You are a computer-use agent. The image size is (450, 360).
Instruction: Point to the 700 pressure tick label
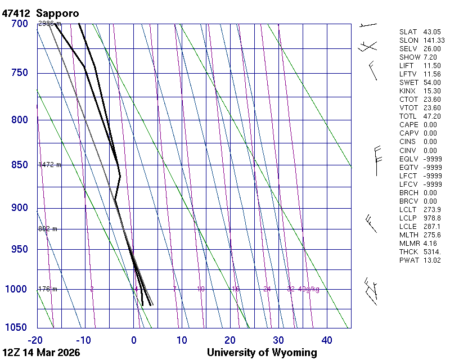click(x=20, y=24)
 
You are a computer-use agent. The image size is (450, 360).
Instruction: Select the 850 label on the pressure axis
click(x=20, y=165)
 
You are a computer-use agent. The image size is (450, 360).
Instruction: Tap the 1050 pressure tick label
click(x=17, y=327)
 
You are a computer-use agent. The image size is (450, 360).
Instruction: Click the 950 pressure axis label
click(x=20, y=249)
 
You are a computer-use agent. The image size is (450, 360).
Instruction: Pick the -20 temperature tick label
click(x=35, y=340)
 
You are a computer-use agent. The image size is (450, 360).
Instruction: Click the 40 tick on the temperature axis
click(x=327, y=340)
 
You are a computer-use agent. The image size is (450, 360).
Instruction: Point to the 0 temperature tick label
click(x=134, y=340)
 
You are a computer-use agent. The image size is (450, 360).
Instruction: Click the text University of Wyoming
click(x=262, y=353)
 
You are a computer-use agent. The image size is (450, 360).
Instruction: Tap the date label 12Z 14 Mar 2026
click(x=41, y=353)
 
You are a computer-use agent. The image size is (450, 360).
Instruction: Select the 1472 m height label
click(x=49, y=165)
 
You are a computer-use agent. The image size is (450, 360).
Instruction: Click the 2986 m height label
click(x=49, y=24)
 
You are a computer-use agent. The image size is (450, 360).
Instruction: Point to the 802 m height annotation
click(x=48, y=229)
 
